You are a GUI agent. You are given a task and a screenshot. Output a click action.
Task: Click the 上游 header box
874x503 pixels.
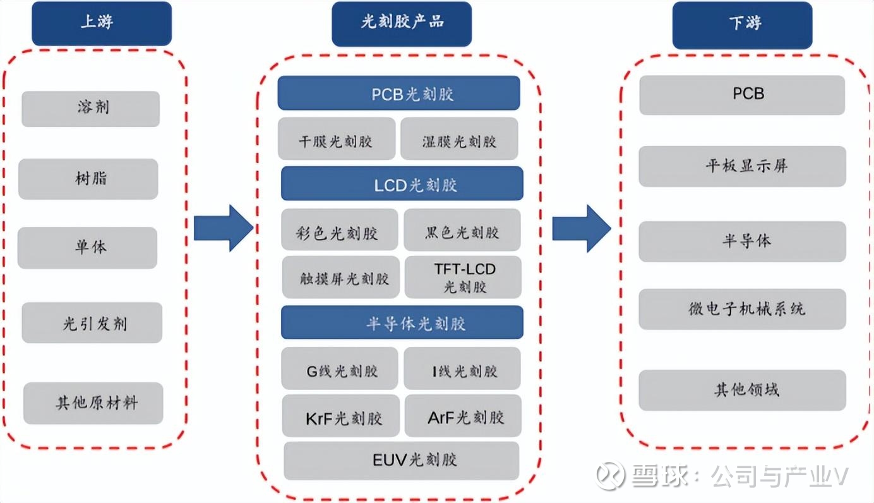(102, 23)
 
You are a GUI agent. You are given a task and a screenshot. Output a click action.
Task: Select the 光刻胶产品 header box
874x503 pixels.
(402, 23)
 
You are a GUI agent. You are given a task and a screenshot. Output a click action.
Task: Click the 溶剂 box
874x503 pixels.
(91, 108)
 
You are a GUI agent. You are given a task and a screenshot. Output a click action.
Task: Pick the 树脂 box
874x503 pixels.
(88, 179)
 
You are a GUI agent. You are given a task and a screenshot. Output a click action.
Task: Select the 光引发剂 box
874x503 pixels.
(92, 323)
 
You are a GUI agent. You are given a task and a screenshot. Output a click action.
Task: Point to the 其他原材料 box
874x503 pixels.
(93, 403)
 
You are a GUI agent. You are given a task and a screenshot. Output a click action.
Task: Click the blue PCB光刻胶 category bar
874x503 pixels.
(398, 94)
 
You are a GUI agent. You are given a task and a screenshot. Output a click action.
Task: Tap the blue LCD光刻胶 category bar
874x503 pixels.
(402, 184)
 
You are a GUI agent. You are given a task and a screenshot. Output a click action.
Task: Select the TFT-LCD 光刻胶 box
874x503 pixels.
(464, 277)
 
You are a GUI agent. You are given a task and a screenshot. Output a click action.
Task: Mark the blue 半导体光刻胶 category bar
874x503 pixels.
(402, 323)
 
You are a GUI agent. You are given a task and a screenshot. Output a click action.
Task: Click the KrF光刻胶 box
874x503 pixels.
(341, 416)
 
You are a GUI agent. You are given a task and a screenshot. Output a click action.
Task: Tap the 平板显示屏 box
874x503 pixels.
(742, 166)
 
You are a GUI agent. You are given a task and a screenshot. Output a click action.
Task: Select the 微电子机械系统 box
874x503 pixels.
(742, 309)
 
